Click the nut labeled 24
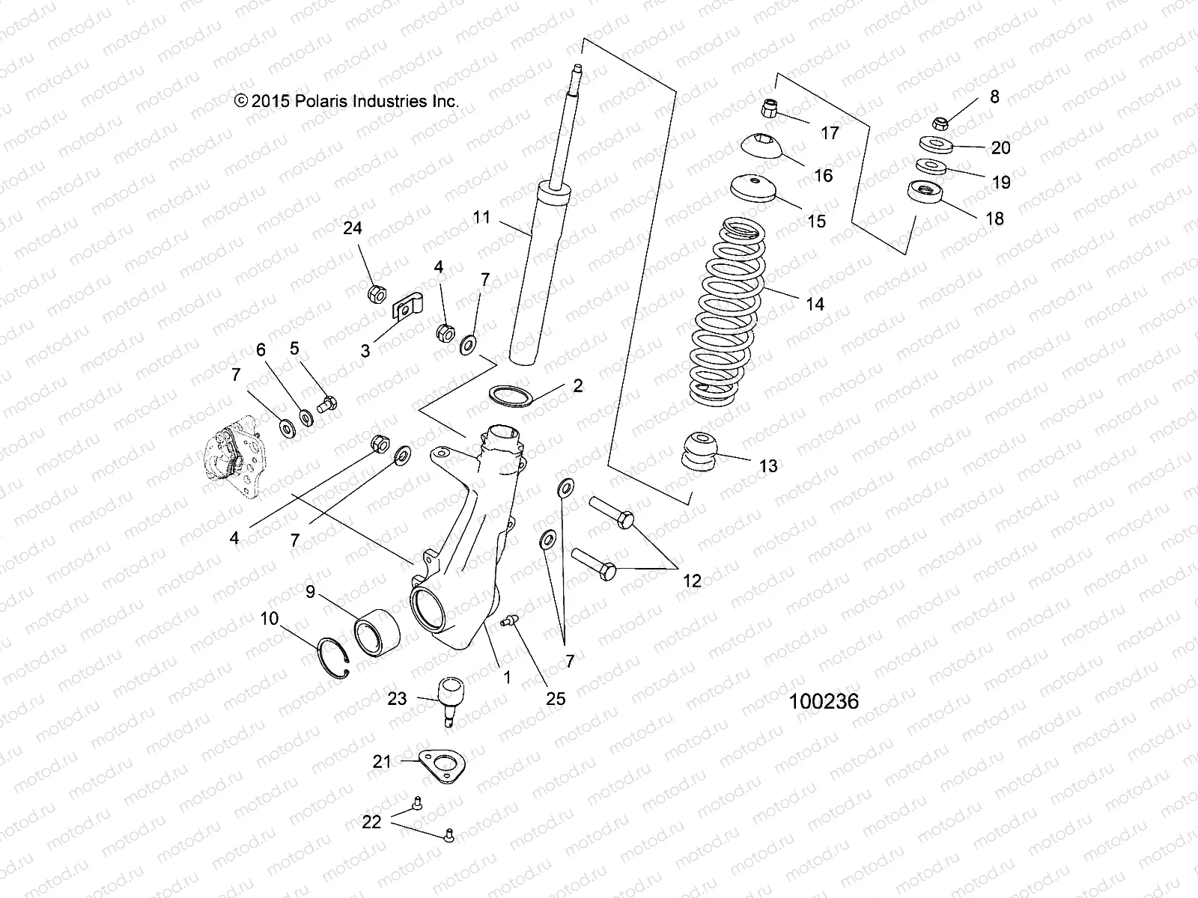[x=375, y=293]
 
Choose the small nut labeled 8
[x=942, y=123]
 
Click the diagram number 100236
[x=823, y=701]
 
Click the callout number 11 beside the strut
[x=481, y=217]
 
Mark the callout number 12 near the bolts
[x=692, y=580]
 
